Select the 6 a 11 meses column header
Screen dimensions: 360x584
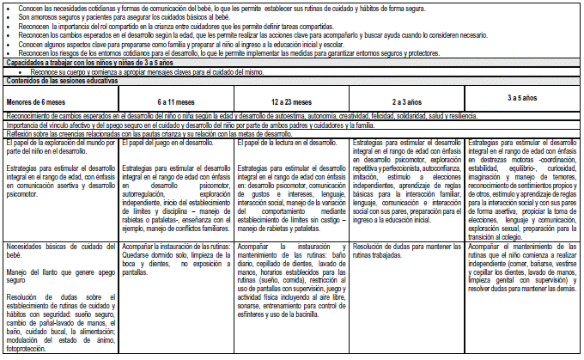tap(174, 101)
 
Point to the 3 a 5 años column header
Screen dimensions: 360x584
tap(522, 98)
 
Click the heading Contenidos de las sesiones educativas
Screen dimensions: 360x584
tap(62, 80)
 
